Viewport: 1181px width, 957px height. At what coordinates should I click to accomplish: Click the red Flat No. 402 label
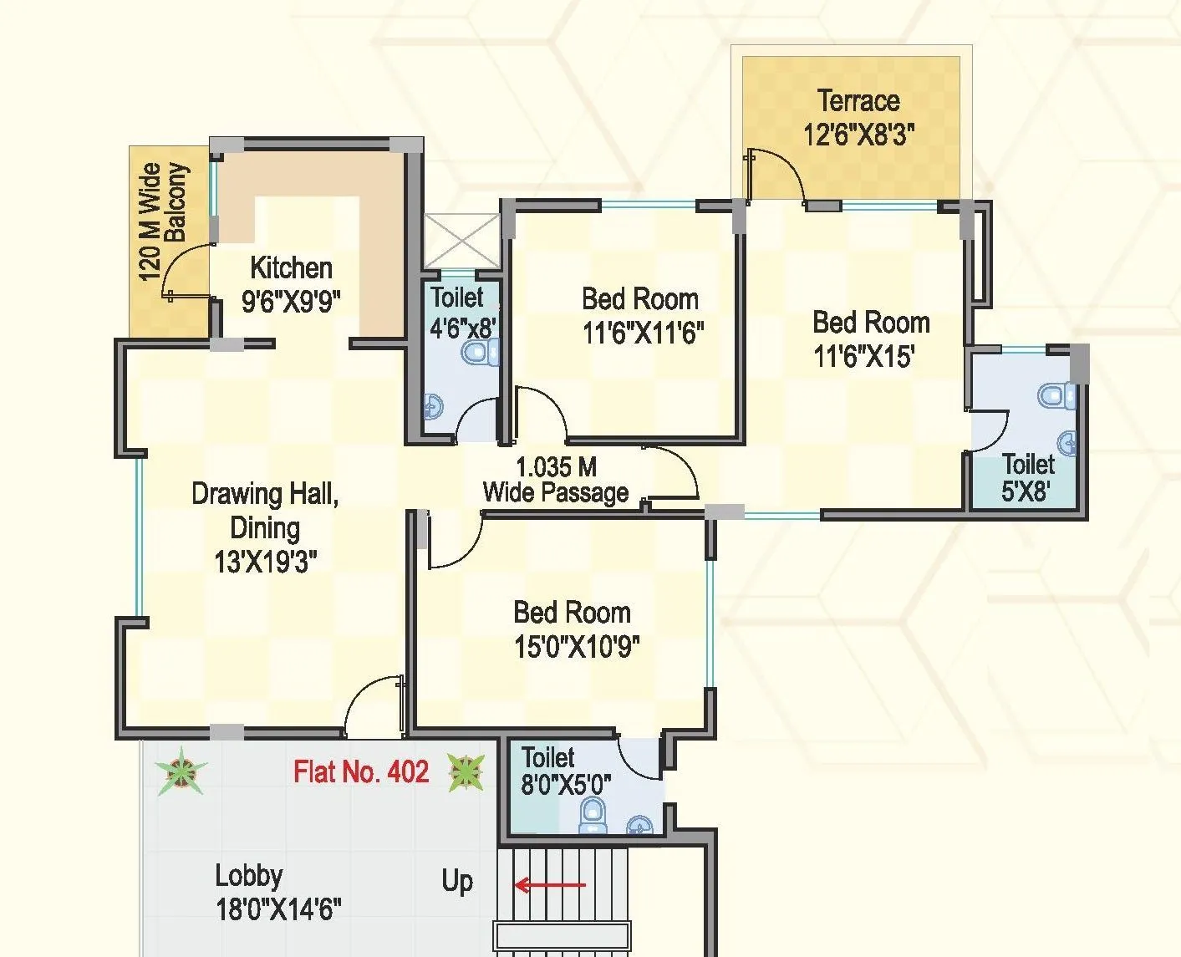(x=361, y=771)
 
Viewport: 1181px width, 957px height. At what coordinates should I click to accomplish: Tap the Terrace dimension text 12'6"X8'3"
(x=859, y=135)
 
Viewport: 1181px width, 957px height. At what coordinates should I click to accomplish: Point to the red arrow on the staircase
(x=550, y=885)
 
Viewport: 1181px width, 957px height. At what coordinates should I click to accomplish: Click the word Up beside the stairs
(x=457, y=881)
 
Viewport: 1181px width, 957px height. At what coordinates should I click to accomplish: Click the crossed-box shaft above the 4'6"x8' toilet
(x=461, y=241)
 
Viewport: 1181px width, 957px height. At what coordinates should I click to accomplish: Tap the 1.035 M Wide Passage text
(x=556, y=480)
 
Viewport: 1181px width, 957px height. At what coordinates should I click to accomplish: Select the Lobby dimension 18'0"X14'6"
(x=278, y=909)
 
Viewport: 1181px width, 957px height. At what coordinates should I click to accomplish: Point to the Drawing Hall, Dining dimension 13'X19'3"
(x=265, y=562)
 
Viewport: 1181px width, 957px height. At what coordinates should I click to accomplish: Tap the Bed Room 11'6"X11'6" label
(x=642, y=316)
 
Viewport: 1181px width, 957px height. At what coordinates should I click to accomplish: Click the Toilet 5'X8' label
(x=1027, y=477)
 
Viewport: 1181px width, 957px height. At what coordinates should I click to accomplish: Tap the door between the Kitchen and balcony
(x=188, y=272)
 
